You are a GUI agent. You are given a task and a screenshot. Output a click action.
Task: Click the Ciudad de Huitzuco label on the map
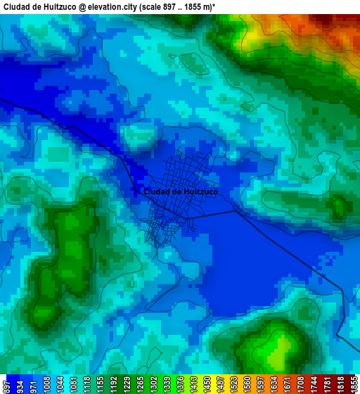[180, 191]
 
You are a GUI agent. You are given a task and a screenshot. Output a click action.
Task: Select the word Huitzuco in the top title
[57, 6]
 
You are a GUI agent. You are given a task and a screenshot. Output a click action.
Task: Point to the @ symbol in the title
[82, 6]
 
